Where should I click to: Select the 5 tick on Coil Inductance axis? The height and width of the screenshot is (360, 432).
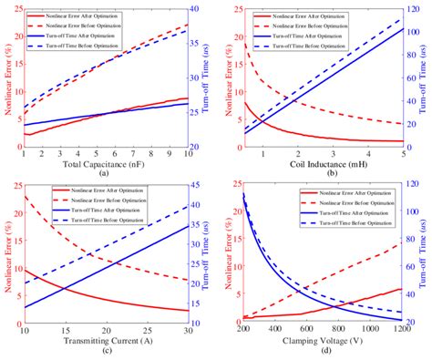(x=402, y=153)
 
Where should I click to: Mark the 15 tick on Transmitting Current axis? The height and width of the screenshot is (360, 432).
(x=64, y=330)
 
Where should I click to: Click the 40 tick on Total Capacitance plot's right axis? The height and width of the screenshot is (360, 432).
(x=198, y=7)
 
